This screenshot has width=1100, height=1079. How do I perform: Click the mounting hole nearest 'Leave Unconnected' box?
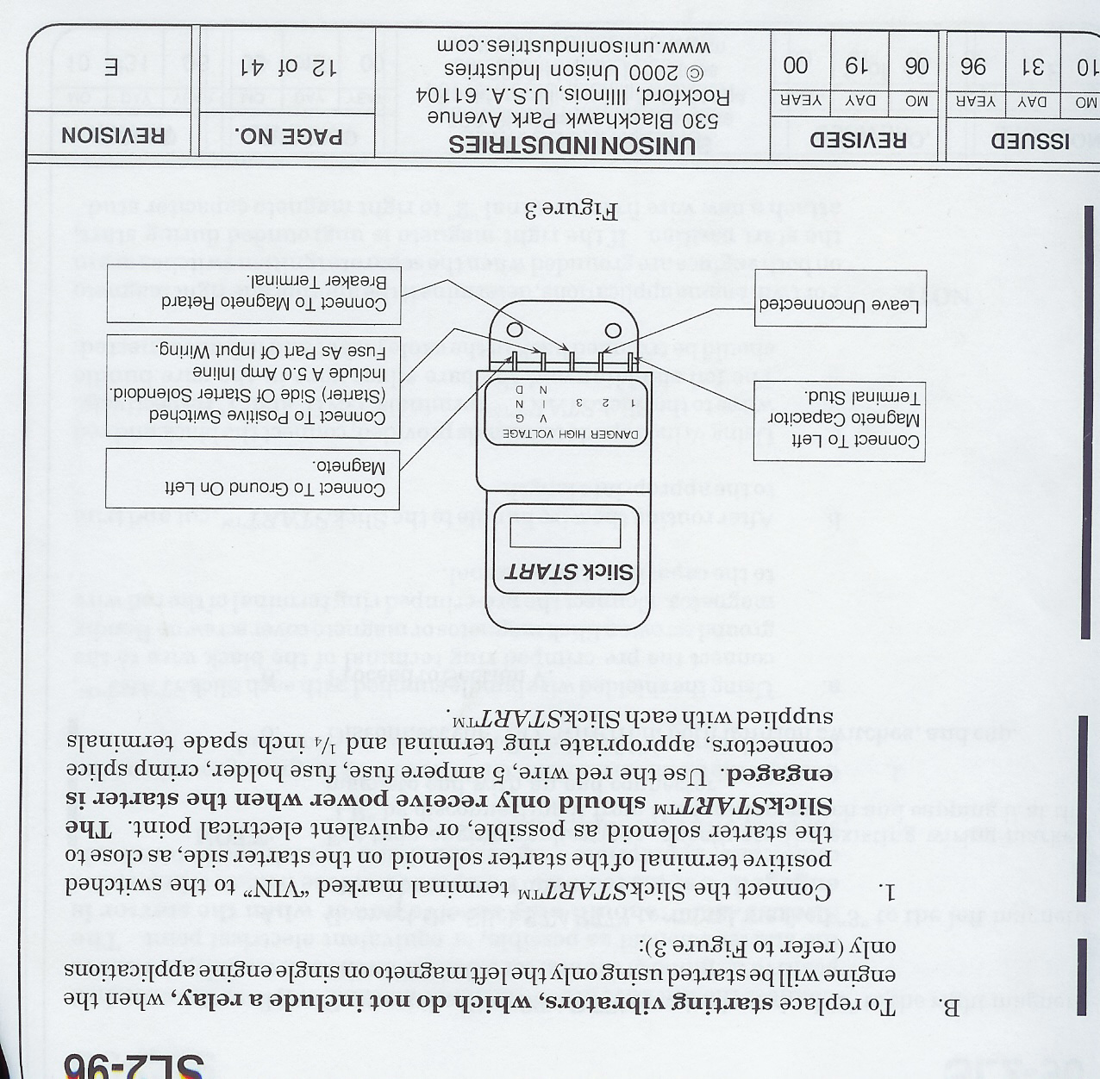[x=614, y=330]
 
